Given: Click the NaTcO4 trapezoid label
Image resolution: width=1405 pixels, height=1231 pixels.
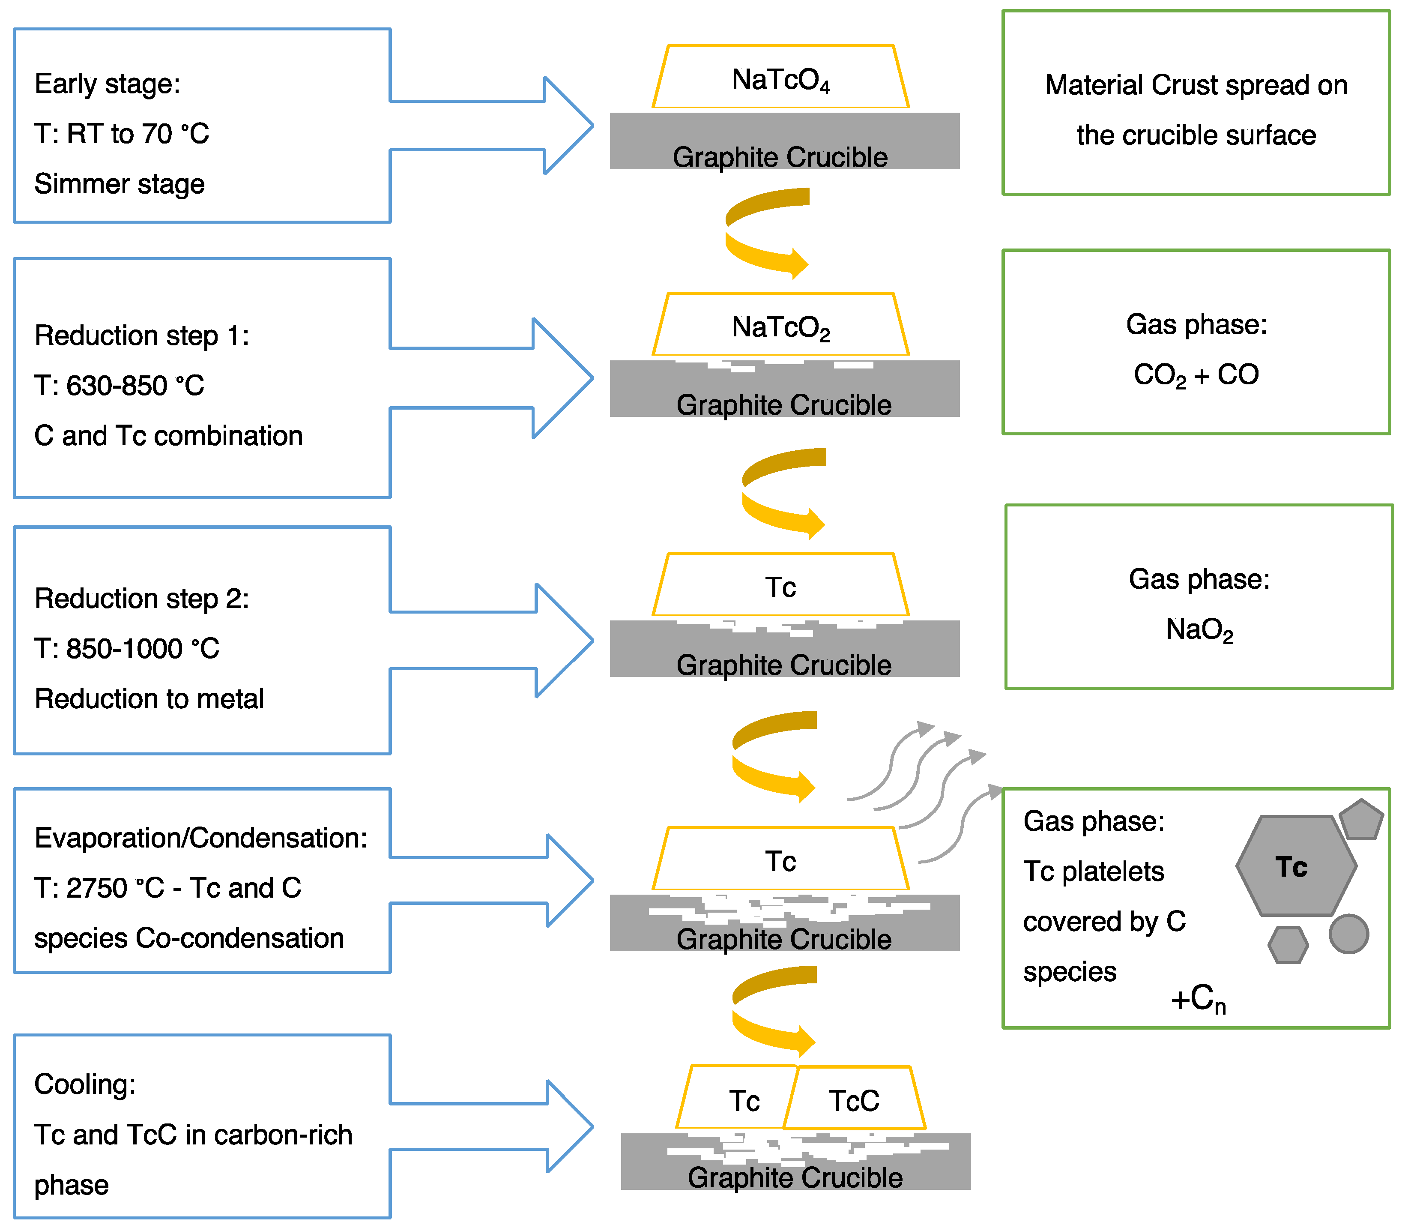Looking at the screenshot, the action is point(781,81).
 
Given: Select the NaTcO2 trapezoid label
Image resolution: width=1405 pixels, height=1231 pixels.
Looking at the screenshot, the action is point(781,328).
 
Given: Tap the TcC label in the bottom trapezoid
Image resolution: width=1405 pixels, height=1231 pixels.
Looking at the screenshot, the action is point(854,1101).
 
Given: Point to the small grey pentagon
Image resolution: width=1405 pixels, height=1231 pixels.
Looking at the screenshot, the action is point(1361,820).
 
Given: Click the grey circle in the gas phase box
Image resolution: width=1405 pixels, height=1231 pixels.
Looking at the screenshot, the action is point(1349,934).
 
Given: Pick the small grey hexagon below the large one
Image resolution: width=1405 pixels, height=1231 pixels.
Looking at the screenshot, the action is point(1288,945).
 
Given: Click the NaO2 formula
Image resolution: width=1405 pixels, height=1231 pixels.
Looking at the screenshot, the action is point(1200,630).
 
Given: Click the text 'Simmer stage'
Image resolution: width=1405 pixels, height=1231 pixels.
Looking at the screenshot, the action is point(120,184).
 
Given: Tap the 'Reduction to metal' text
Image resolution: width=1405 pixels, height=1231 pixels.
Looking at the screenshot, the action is point(149,698).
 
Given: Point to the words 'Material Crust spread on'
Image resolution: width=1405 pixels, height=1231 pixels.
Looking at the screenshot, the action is point(1196,85).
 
